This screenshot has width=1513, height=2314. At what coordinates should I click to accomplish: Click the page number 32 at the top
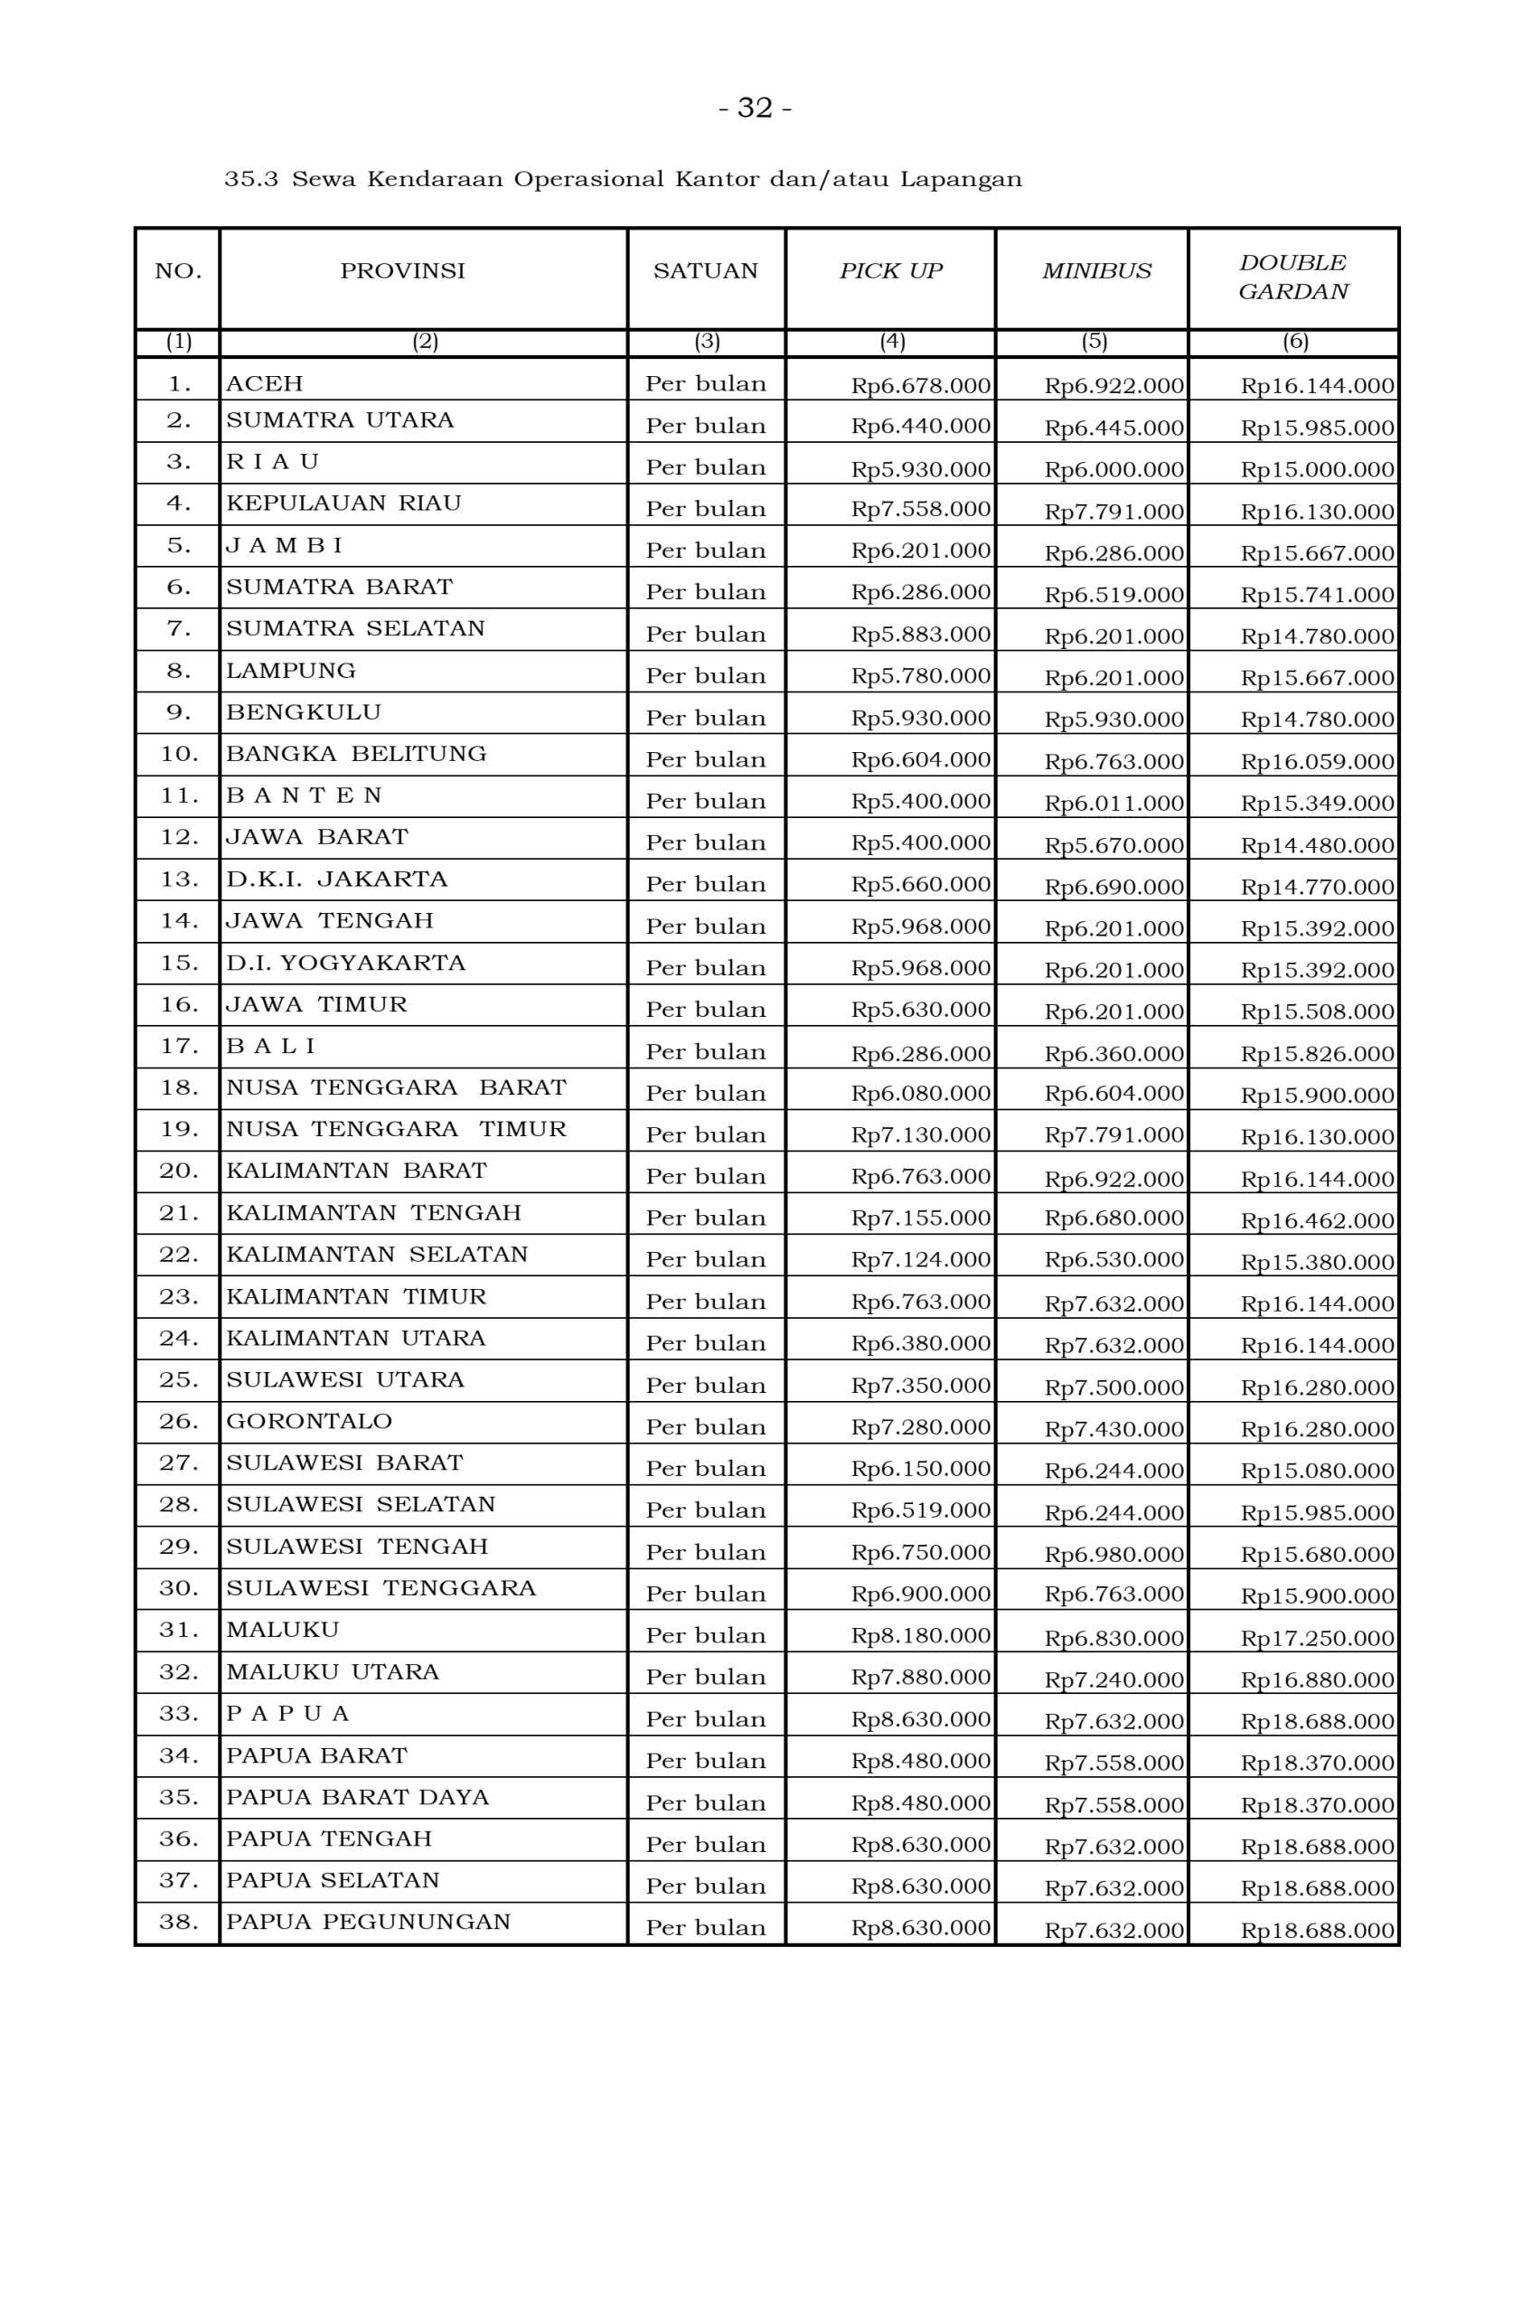tap(755, 108)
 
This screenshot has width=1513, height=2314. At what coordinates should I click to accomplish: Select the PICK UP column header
tap(889, 271)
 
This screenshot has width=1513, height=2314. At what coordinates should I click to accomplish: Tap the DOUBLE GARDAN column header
tap(1292, 277)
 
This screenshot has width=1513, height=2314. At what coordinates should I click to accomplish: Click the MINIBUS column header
tap(1095, 271)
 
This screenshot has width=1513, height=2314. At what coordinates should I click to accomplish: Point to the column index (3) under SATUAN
tap(706, 342)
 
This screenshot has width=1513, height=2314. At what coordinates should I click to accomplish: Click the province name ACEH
tap(265, 384)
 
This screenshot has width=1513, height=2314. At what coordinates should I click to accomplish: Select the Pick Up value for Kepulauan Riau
tap(920, 510)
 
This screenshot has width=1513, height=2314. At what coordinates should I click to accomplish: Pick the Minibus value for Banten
tap(1114, 803)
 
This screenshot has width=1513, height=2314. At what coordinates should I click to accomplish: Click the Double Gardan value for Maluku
tap(1317, 1638)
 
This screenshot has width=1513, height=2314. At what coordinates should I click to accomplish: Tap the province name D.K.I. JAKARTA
tap(336, 880)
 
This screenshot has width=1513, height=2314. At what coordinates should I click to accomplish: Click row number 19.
tap(179, 1130)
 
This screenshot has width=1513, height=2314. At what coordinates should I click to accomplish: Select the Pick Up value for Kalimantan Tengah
tap(920, 1218)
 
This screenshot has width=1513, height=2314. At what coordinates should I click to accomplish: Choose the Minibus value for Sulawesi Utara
tap(1114, 1387)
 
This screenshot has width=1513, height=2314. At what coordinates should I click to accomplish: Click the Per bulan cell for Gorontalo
tap(705, 1427)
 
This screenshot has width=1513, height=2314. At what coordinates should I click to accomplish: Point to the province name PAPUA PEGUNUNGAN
tap(368, 1923)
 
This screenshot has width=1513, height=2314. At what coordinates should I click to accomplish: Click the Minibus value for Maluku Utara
tap(1114, 1680)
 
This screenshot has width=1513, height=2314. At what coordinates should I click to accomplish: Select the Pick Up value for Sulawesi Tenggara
tap(920, 1594)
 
